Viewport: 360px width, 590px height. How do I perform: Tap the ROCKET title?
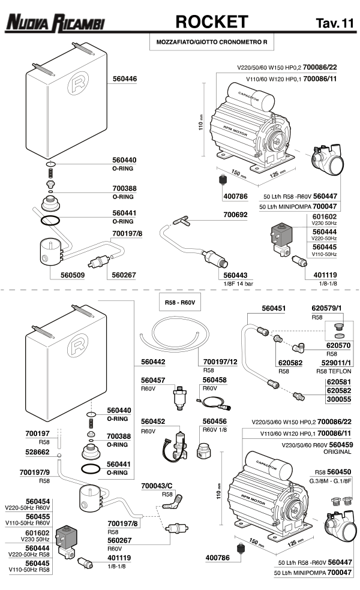pos(211,22)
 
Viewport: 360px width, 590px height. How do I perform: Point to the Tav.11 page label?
pos(334,23)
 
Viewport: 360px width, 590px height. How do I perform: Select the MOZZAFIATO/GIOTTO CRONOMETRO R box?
pos(211,43)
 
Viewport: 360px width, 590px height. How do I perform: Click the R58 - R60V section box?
pos(178,303)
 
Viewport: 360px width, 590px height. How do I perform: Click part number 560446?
pos(124,79)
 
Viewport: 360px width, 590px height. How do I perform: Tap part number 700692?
pos(235,214)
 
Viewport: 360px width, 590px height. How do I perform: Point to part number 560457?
pos(153,380)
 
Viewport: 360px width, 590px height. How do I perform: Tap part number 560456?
pos(214,422)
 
